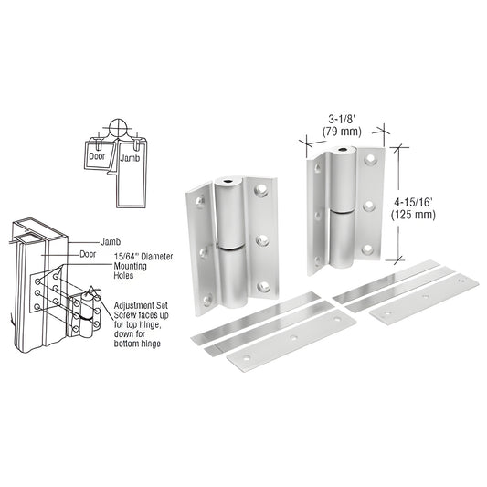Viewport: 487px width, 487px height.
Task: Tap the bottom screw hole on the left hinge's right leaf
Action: click(x=264, y=287)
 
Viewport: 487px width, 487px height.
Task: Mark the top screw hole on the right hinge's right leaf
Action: click(x=370, y=160)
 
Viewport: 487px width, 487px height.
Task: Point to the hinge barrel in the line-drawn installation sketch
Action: click(x=90, y=310)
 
